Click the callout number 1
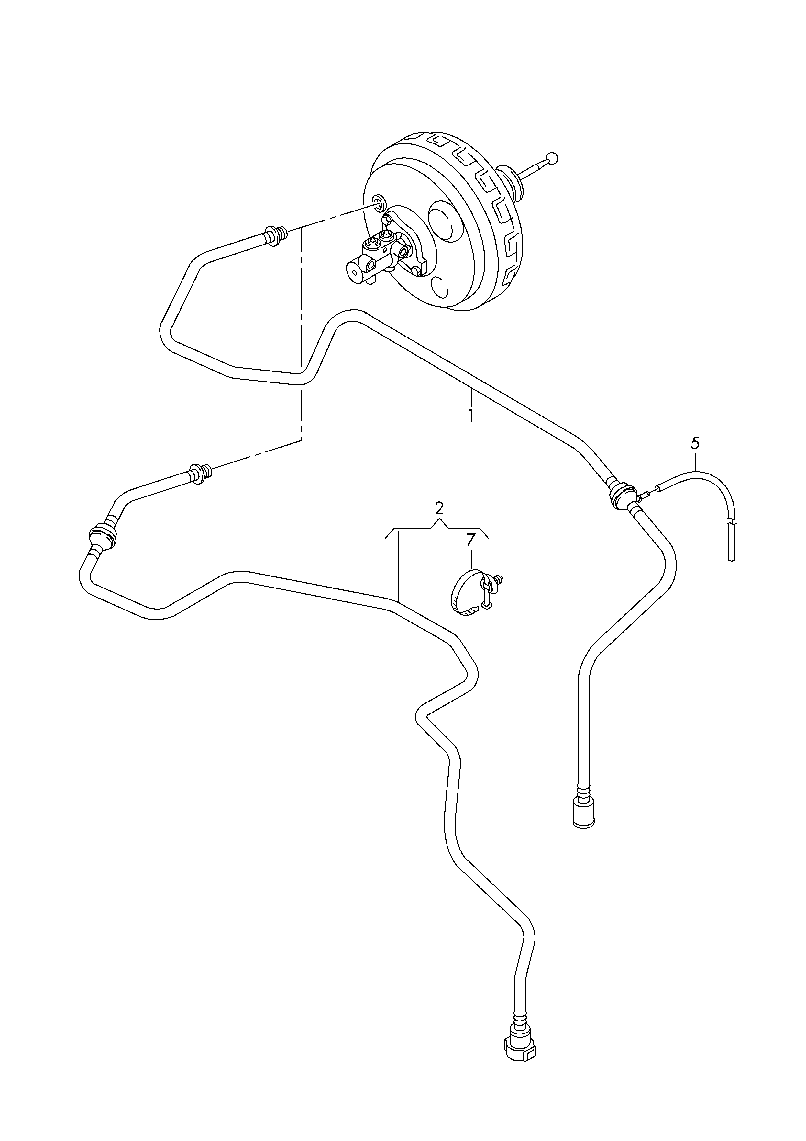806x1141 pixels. pyautogui.click(x=470, y=415)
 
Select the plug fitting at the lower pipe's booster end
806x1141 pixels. pyautogui.click(x=201, y=474)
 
